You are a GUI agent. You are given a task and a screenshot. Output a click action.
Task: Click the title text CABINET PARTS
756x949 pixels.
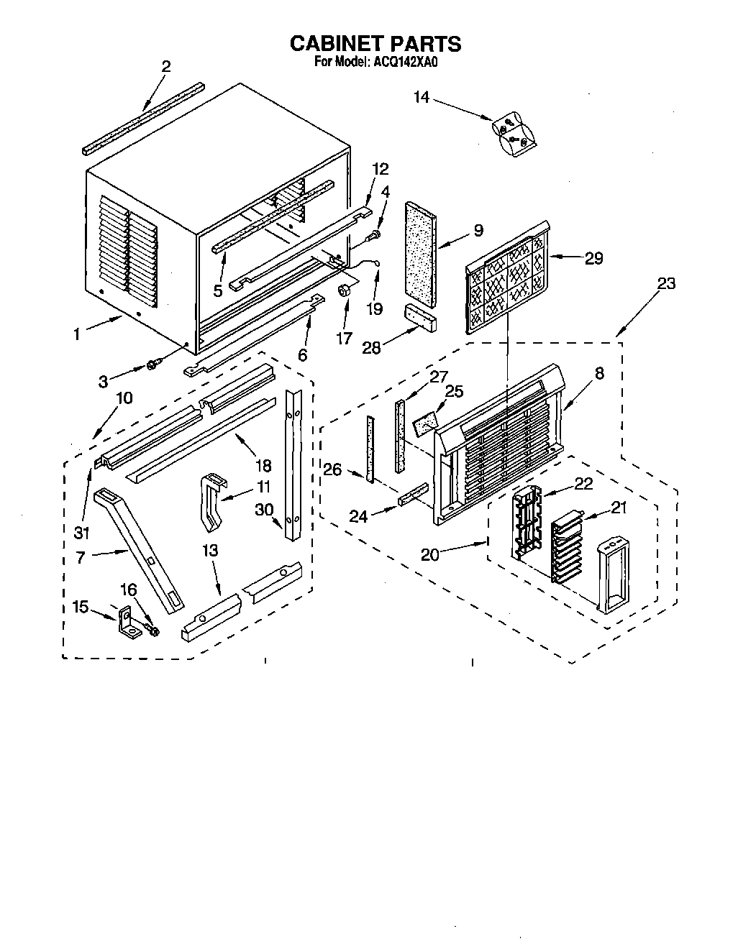[x=375, y=45]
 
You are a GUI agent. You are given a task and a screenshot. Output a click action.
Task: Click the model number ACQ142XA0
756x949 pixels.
[x=405, y=63]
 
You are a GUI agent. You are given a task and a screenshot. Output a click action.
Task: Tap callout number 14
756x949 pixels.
[x=422, y=97]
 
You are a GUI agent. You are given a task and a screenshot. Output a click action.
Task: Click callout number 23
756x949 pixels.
[x=666, y=283]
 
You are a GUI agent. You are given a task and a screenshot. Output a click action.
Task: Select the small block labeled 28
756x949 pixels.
[x=420, y=316]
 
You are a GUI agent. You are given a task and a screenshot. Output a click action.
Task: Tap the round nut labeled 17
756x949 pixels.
[x=345, y=290]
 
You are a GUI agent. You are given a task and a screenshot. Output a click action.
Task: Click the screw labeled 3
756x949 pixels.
[x=152, y=366]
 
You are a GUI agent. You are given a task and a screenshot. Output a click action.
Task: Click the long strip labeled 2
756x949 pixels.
[x=144, y=117]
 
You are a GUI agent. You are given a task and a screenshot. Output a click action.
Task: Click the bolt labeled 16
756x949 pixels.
[x=151, y=631]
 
